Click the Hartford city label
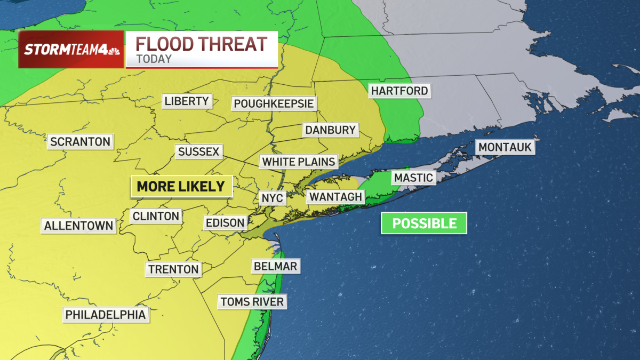(x=399, y=91)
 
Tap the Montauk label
(x=505, y=147)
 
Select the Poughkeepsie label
(x=274, y=103)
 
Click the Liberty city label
(x=187, y=101)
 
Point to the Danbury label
(x=330, y=130)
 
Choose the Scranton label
(x=80, y=141)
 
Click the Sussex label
(x=199, y=151)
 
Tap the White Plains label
(x=299, y=161)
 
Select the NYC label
(x=272, y=198)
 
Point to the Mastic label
(x=413, y=178)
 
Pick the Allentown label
(x=79, y=225)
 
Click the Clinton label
(x=156, y=216)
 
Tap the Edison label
(x=225, y=222)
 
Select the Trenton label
(x=173, y=269)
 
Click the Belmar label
(x=275, y=266)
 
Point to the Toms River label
(x=252, y=301)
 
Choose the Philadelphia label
(x=105, y=315)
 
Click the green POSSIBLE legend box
(x=424, y=223)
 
